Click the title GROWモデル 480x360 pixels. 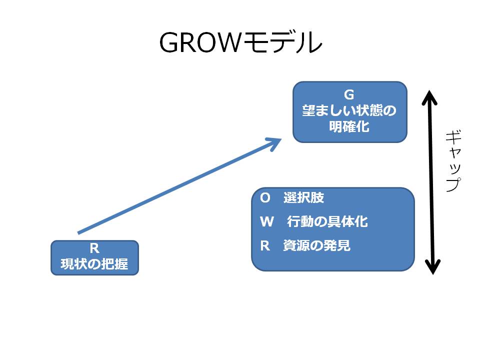point(240,42)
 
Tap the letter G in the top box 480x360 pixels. point(349,94)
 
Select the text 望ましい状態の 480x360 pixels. point(349,110)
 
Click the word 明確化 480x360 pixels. point(349,126)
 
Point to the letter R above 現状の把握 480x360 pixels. point(94,248)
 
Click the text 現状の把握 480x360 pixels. point(94,264)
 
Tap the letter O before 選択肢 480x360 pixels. point(265,198)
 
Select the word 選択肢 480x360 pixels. point(303,197)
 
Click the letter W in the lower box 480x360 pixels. point(267,221)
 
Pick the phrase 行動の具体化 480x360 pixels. point(327,221)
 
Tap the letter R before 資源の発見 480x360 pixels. point(265,245)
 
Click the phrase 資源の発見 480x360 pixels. point(317,245)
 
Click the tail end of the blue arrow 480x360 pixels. point(78,233)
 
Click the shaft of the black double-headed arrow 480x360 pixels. point(431,182)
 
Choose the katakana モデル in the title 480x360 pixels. point(281,42)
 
